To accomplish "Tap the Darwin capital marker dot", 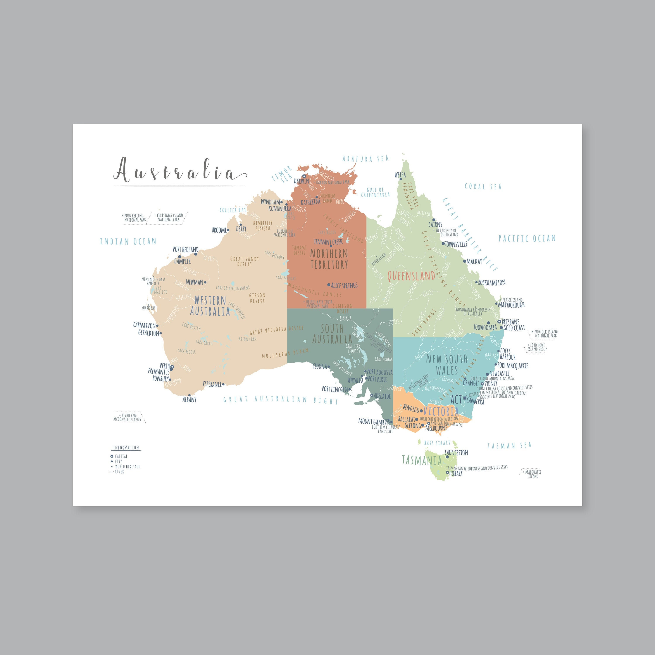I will point(304,176).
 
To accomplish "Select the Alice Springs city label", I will point(344,285).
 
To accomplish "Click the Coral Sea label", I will point(483,186).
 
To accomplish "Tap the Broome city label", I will point(219,230).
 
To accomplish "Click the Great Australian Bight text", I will point(281,400).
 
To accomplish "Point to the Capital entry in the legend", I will point(121,456).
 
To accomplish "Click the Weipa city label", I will point(400,175).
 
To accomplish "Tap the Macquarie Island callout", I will point(531,474).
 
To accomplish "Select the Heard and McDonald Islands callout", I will point(128,417).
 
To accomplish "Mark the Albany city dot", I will point(189,395).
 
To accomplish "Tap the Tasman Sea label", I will point(509,445).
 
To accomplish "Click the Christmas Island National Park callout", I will point(169,217).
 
